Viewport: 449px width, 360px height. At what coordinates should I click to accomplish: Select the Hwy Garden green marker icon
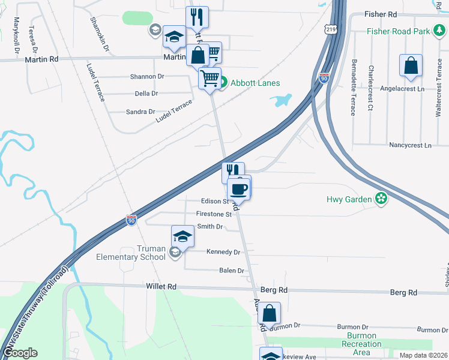pos(380,199)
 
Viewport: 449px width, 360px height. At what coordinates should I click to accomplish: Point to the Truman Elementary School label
pos(131,253)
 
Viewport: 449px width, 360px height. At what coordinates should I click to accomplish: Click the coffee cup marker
pos(239,188)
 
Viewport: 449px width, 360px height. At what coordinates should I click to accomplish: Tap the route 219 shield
pos(330,29)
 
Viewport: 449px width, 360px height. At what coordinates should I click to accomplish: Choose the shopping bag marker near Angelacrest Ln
pos(411,67)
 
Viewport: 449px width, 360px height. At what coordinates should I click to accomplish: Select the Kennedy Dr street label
pos(223,253)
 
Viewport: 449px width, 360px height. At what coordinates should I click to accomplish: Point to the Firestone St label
pos(214,214)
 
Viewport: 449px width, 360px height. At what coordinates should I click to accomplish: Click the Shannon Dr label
pos(147,77)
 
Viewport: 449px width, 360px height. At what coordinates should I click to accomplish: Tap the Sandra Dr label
pos(140,112)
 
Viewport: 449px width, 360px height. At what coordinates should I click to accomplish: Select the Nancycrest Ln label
pos(410,146)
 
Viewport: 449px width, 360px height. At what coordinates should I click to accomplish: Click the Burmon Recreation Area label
pos(361,344)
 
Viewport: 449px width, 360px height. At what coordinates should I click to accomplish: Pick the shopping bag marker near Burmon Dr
pos(270,313)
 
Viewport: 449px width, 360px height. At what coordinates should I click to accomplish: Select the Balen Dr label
pos(231,271)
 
